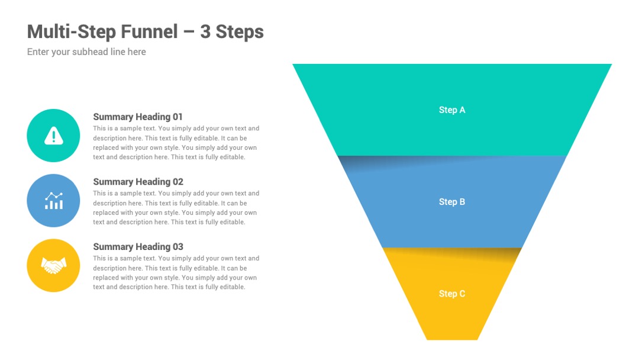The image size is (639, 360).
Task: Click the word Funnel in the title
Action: pyautogui.click(x=150, y=32)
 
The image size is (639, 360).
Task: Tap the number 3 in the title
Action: pyautogui.click(x=205, y=32)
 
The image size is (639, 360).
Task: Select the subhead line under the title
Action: pyautogui.click(x=86, y=52)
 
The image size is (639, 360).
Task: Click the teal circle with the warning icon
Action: pyautogui.click(x=53, y=136)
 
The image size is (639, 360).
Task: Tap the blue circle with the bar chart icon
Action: pyautogui.click(x=53, y=201)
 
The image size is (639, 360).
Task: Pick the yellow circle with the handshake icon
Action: pyautogui.click(x=53, y=265)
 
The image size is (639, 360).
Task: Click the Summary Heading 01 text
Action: pyautogui.click(x=138, y=117)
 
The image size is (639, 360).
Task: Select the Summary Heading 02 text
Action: pyautogui.click(x=138, y=182)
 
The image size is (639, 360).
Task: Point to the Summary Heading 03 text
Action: pyautogui.click(x=138, y=247)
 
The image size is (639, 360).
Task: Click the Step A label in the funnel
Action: pyautogui.click(x=452, y=110)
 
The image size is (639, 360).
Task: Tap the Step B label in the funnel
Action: pyautogui.click(x=452, y=202)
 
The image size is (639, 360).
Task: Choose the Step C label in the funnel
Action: pyautogui.click(x=452, y=294)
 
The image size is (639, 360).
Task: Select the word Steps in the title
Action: pyautogui.click(x=240, y=32)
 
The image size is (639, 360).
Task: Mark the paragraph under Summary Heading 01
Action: pyautogui.click(x=176, y=143)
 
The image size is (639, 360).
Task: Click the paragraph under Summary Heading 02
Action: pyautogui.click(x=176, y=207)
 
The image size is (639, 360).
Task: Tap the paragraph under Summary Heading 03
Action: pyautogui.click(x=176, y=272)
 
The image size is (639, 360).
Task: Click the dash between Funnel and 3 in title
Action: pyautogui.click(x=189, y=33)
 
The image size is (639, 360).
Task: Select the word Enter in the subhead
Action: pyautogui.click(x=38, y=52)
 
